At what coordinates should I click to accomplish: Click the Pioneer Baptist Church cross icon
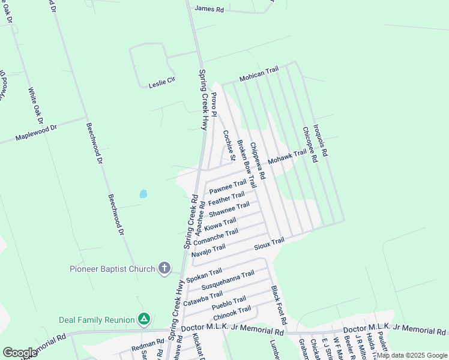pyautogui.click(x=164, y=269)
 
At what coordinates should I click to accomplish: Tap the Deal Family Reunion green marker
pyautogui.click(x=143, y=318)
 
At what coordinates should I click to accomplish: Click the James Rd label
pyautogui.click(x=209, y=8)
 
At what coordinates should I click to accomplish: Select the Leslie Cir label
pyautogui.click(x=161, y=85)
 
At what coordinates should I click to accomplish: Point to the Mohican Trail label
pyautogui.click(x=259, y=73)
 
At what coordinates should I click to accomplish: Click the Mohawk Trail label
pyautogui.click(x=287, y=158)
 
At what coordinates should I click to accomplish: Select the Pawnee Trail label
pyautogui.click(x=228, y=187)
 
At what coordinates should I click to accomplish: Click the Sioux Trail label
pyautogui.click(x=268, y=242)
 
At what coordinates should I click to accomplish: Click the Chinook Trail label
pyautogui.click(x=232, y=313)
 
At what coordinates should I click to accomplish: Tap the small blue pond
pyautogui.click(x=143, y=194)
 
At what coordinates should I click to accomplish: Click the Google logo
pyautogui.click(x=20, y=352)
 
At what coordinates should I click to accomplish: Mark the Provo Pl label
pyautogui.click(x=212, y=103)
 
